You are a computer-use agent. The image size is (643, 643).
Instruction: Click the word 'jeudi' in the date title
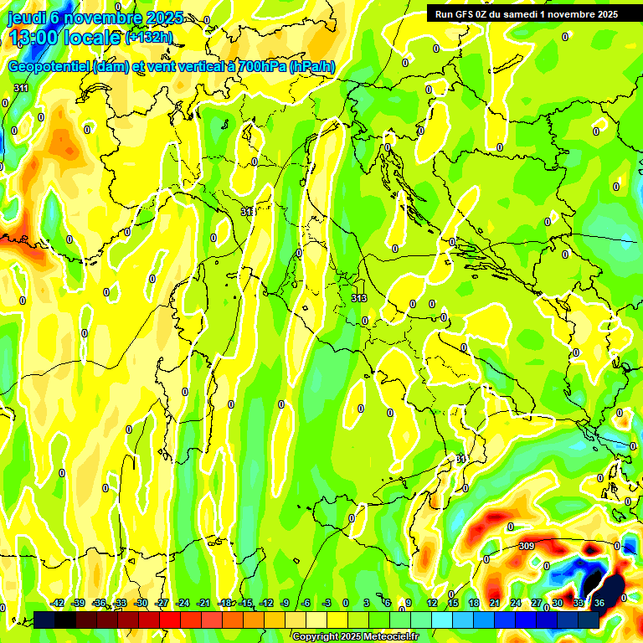pyautogui.click(x=25, y=18)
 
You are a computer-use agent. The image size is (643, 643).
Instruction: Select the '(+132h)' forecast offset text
pyautogui.click(x=149, y=37)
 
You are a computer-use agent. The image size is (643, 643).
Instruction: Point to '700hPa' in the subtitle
pyautogui.click(x=259, y=67)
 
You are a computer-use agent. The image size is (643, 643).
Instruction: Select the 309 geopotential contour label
pyautogui.click(x=527, y=546)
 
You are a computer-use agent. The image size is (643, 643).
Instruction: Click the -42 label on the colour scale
pyautogui.click(x=58, y=603)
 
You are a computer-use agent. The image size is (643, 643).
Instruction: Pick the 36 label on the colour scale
pyautogui.click(x=599, y=603)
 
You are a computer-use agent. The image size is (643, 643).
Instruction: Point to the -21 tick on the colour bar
pyautogui.click(x=203, y=603)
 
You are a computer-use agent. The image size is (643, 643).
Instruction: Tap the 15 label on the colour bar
pyautogui.click(x=453, y=603)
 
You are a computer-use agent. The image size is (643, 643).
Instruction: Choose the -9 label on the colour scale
pyautogui.click(x=285, y=603)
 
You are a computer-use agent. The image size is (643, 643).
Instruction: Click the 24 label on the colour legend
pyautogui.click(x=516, y=603)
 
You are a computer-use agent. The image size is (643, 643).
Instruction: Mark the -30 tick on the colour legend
pyautogui.click(x=141, y=603)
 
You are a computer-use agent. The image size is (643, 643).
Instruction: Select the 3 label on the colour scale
pyautogui.click(x=367, y=603)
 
